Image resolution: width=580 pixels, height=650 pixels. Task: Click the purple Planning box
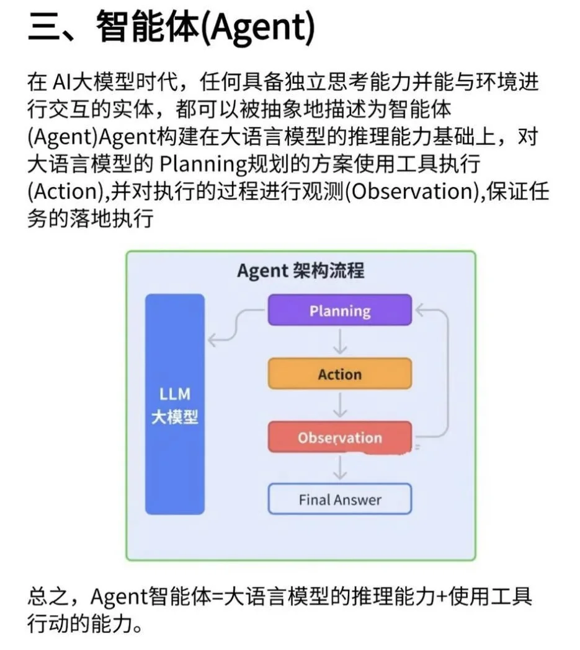coord(339,310)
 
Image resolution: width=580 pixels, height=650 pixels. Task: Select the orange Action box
coord(339,374)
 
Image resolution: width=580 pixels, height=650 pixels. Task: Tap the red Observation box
coord(339,437)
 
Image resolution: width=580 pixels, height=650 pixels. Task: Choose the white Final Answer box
coord(339,499)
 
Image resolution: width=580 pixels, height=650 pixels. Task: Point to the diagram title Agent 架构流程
coord(300,271)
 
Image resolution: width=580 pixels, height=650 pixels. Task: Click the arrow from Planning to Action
coord(339,341)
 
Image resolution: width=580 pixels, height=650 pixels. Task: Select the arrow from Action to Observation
coord(339,405)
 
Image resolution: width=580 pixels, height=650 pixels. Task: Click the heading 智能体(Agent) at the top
coord(205,28)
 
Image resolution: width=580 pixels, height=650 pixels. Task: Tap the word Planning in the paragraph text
coord(195,165)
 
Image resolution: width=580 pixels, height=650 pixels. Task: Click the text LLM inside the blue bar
coord(175,394)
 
